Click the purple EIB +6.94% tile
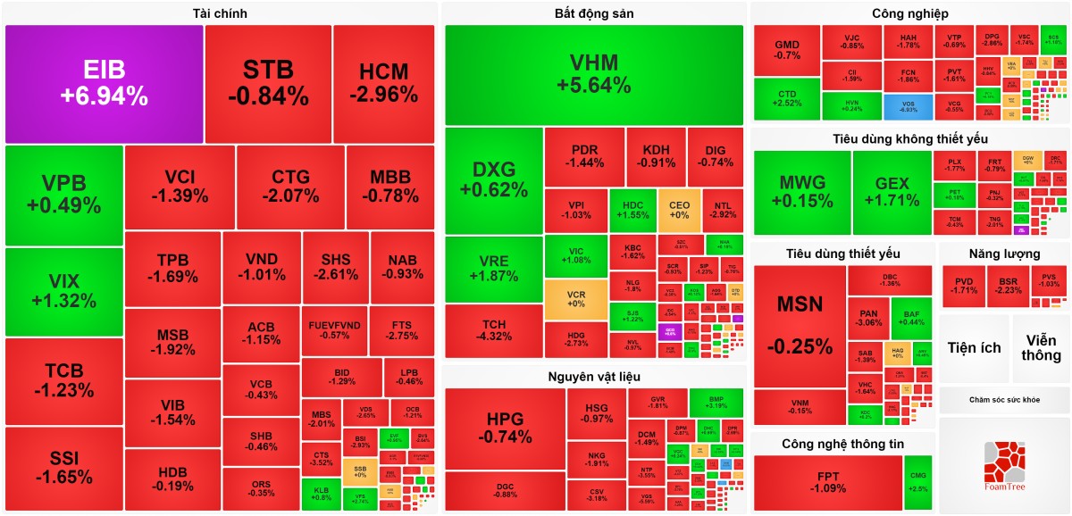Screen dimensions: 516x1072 (x=104, y=84)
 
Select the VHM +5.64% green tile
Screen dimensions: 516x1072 (x=594, y=75)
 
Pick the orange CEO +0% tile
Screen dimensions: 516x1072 (x=679, y=211)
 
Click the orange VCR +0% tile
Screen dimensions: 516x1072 (x=576, y=298)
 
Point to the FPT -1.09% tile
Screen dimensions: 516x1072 (x=827, y=482)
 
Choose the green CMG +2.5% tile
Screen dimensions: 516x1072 (x=917, y=482)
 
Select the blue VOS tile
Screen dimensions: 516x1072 (x=909, y=107)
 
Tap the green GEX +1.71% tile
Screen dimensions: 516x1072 (x=892, y=192)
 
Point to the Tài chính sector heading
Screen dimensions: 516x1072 (x=220, y=13)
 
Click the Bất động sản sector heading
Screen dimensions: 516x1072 (x=594, y=13)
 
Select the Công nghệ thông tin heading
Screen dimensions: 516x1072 (x=842, y=444)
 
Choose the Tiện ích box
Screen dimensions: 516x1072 (x=975, y=348)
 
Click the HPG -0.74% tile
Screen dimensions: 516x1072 (x=505, y=429)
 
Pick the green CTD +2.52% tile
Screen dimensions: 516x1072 (x=786, y=99)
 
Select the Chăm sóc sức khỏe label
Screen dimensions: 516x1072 (x=1004, y=400)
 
